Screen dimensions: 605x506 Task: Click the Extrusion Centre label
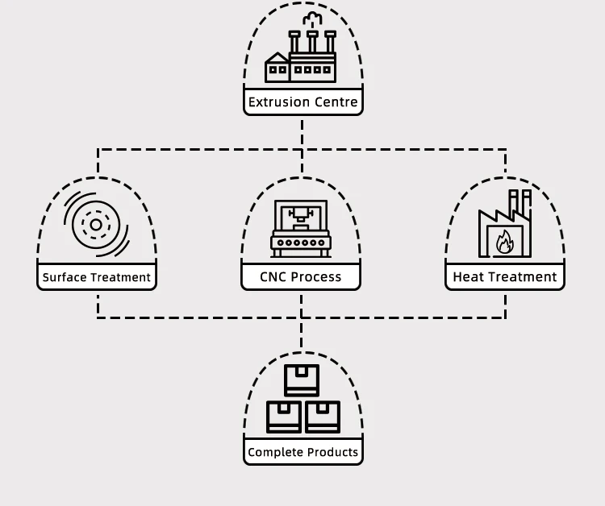tap(302, 102)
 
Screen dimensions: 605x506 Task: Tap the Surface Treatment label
tap(97, 277)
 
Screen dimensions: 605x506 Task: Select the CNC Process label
tap(301, 277)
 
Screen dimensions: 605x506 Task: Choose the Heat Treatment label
tap(505, 277)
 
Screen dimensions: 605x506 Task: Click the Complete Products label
tap(302, 452)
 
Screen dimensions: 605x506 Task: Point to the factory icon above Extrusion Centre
tap(301, 56)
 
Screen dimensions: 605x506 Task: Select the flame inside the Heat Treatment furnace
tap(505, 241)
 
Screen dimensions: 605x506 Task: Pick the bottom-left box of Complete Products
tap(283, 417)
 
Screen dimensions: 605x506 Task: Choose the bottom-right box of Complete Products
tap(322, 417)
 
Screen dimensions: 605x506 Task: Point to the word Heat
tap(469, 277)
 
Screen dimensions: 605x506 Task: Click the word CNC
tap(273, 277)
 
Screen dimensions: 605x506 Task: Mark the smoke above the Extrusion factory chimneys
tap(310, 19)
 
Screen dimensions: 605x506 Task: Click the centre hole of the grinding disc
tap(95, 225)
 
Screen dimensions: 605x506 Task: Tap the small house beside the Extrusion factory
tap(277, 68)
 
